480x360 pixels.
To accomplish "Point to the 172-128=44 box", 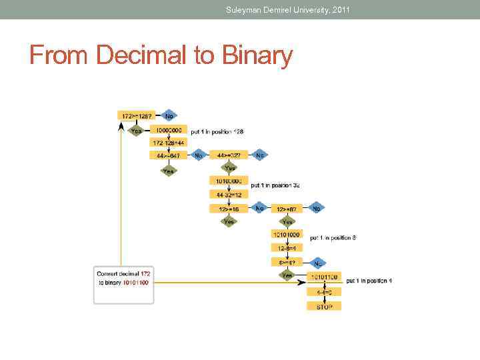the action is (168, 143).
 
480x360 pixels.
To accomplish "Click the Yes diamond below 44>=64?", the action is (169, 171).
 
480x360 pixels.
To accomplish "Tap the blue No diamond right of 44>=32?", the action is (260, 155).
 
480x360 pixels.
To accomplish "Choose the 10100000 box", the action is (229, 181).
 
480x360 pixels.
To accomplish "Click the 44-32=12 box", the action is (229, 195).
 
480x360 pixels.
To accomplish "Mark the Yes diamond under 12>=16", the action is (229, 221).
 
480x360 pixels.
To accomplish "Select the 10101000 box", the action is (287, 234).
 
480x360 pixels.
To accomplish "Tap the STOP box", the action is (324, 306).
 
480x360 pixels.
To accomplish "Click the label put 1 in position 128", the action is (217, 131).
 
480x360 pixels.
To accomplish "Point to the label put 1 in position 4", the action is (369, 281).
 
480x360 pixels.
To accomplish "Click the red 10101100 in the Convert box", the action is (135, 283).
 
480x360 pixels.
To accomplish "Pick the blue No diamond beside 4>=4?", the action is (317, 263).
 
